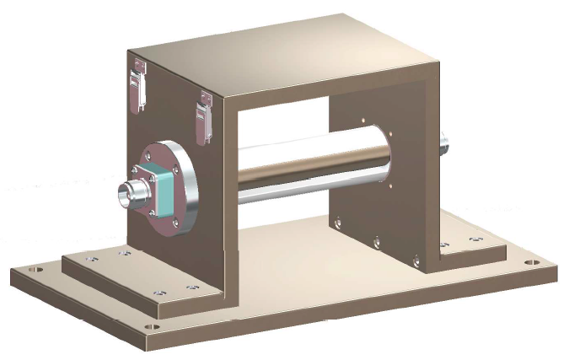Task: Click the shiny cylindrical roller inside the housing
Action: click(x=312, y=169)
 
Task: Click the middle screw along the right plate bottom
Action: click(x=376, y=242)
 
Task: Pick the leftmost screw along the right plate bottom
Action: click(x=339, y=223)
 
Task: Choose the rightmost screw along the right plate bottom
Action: click(x=415, y=259)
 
